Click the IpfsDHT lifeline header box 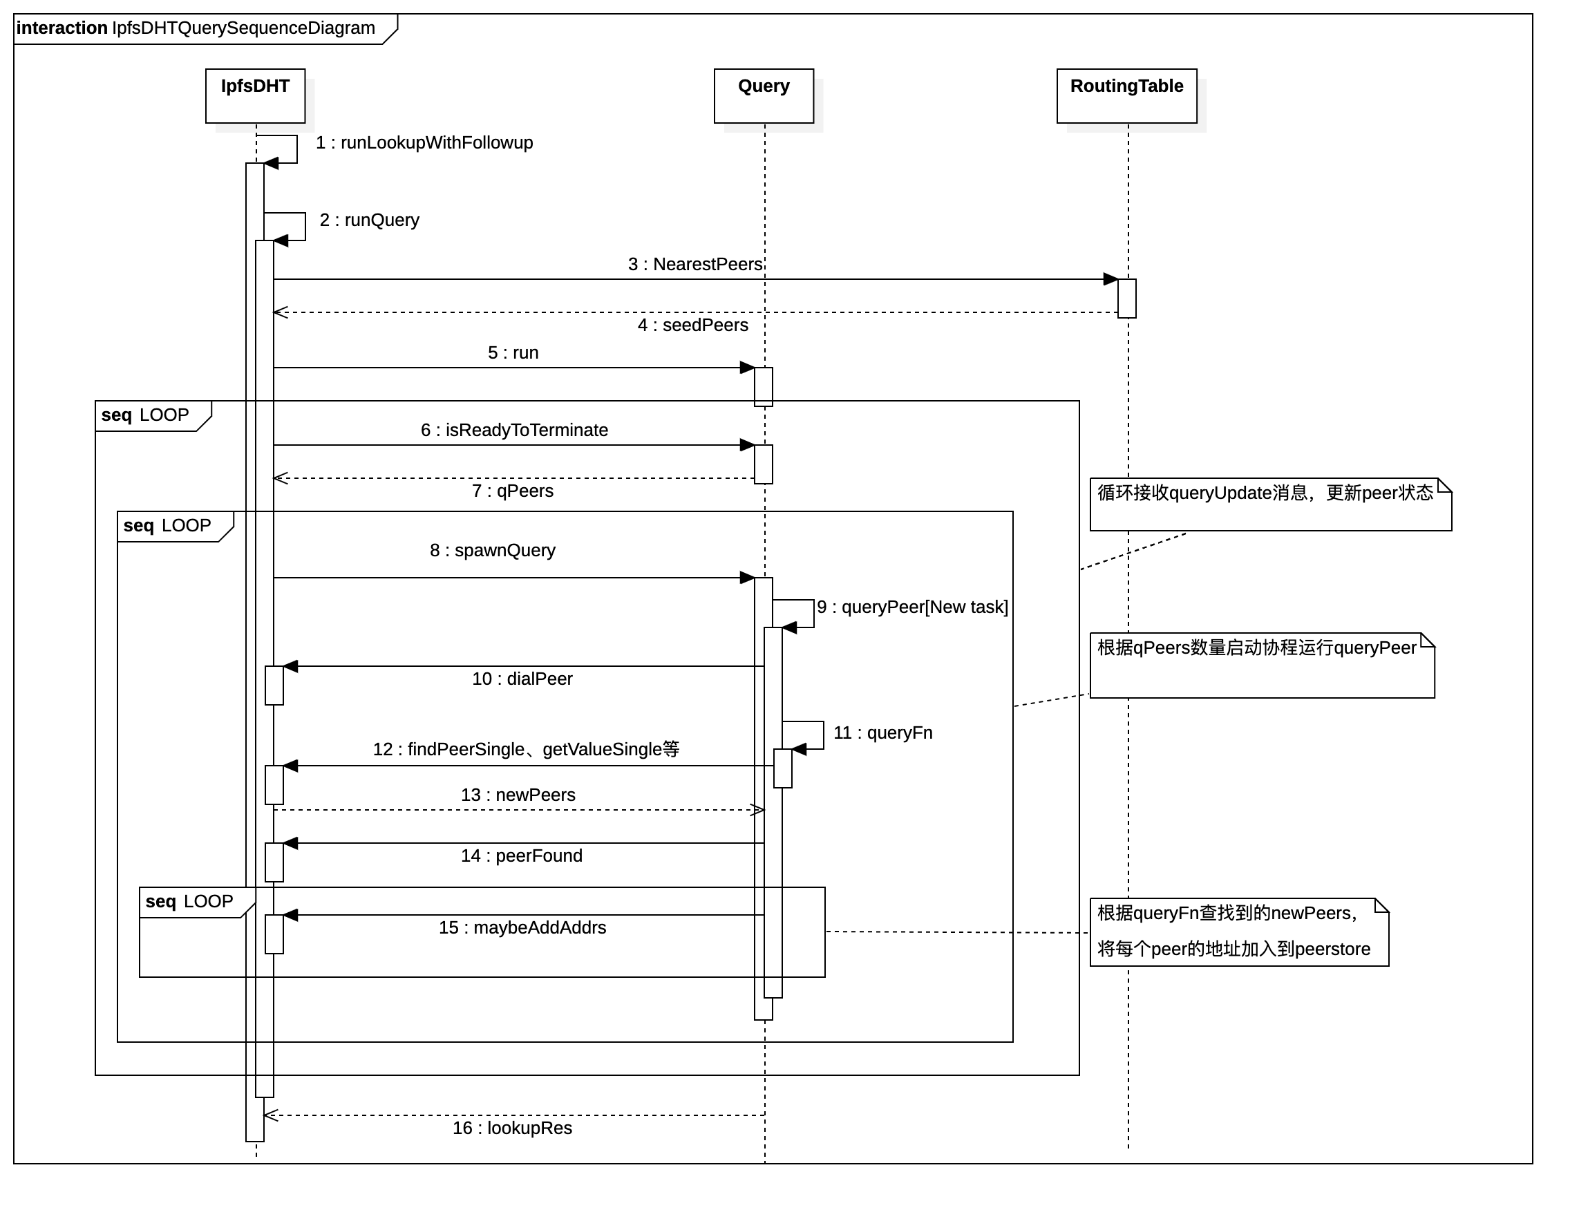coord(256,96)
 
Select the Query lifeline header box coord(763,96)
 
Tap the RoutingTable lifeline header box coord(1126,96)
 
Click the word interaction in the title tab coord(62,28)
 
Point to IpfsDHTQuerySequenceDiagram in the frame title coord(243,28)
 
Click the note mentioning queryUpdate coord(1269,505)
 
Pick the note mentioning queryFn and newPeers coord(1238,932)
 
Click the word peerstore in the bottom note coord(1332,949)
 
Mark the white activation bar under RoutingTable coord(1126,299)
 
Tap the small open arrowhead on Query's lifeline coord(759,810)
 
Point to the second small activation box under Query coord(763,464)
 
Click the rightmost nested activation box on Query coord(782,768)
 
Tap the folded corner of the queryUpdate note coord(1444,486)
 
